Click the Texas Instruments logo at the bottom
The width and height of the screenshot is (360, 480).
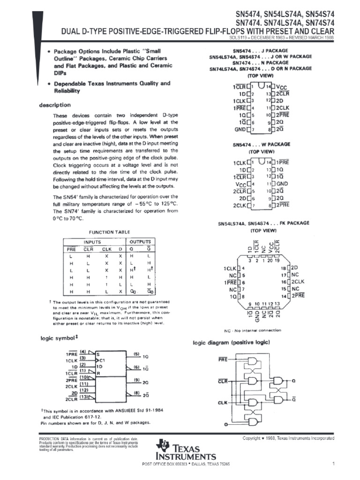tap(187, 450)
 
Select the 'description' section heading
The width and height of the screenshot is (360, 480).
tap(55, 105)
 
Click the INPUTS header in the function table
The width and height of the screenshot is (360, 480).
tap(92, 242)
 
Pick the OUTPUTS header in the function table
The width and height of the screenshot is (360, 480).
tap(140, 242)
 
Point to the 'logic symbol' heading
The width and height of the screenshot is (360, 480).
tap(58, 338)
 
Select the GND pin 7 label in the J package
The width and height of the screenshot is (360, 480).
tap(240, 129)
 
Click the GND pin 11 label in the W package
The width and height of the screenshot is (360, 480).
tap(282, 184)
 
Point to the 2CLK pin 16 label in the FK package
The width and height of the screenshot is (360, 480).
tap(298, 283)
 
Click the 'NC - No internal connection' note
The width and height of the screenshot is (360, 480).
tap(262, 330)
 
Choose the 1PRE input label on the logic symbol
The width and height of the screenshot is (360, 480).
tap(72, 355)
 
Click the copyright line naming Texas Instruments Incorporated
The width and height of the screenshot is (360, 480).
tap(288, 438)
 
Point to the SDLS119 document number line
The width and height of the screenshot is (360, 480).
tap(290, 37)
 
